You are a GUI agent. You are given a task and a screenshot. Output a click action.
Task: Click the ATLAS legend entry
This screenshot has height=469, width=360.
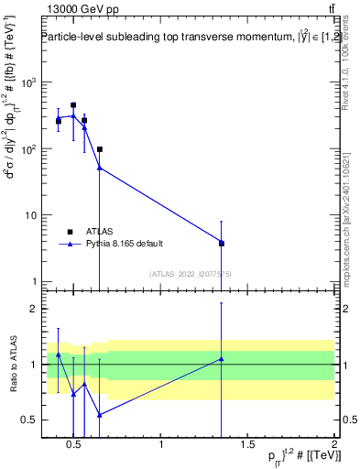(x=99, y=232)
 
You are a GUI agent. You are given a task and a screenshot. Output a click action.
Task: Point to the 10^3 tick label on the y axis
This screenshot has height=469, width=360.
(x=27, y=82)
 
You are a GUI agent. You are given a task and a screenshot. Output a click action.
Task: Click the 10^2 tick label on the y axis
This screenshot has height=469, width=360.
(x=27, y=148)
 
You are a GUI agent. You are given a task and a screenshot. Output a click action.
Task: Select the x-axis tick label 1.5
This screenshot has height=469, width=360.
(x=247, y=445)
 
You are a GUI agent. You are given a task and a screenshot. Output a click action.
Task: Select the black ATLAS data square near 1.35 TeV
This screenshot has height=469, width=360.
(x=221, y=243)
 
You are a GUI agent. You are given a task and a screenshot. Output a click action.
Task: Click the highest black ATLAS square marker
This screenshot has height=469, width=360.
(x=73, y=105)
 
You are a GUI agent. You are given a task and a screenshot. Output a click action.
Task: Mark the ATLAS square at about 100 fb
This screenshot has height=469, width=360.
(x=99, y=148)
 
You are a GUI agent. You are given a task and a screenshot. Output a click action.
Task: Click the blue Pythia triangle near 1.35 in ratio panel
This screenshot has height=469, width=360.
(x=221, y=358)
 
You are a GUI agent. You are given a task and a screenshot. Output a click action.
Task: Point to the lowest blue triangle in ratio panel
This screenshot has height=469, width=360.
(x=99, y=414)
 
